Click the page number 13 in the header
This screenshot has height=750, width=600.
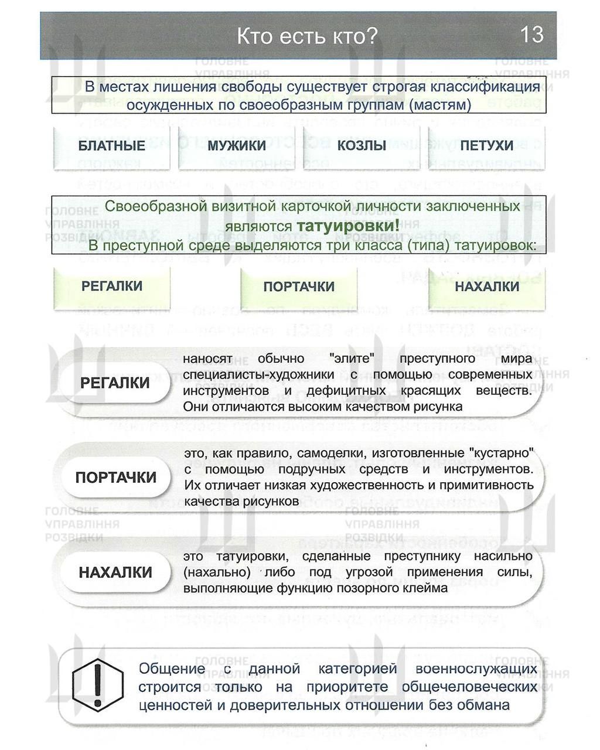[x=532, y=35]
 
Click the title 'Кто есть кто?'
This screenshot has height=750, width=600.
[x=307, y=36]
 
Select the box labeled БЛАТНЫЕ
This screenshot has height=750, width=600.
[x=111, y=145]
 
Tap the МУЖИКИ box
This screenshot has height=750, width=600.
[x=237, y=145]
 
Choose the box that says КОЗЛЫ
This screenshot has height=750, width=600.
[x=362, y=145]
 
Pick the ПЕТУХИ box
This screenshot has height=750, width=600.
[x=486, y=145]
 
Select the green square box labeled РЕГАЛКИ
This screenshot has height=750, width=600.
[x=112, y=286]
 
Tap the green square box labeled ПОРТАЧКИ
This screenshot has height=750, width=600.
[x=299, y=287]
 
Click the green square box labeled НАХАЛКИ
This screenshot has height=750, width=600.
[x=487, y=287]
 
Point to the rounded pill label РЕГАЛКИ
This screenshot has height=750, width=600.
[x=115, y=383]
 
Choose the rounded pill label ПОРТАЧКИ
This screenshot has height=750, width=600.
[x=116, y=478]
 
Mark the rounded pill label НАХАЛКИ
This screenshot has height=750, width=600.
[x=115, y=572]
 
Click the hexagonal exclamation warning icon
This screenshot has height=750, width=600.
[x=98, y=683]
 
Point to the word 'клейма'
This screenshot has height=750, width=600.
[x=425, y=588]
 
